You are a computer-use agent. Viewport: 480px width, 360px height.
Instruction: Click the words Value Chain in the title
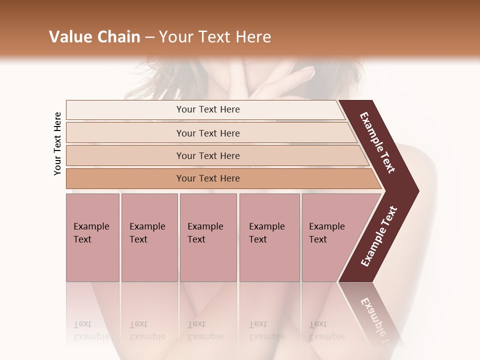tap(94, 37)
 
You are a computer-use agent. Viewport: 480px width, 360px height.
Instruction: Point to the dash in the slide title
tap(149, 37)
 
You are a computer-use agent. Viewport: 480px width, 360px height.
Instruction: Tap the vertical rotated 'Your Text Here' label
tap(57, 143)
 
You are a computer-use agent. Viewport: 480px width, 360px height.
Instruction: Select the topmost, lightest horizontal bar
tap(207, 109)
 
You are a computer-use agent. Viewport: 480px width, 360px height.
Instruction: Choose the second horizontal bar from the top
tap(207, 133)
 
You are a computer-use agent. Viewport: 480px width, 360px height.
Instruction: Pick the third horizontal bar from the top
tap(207, 155)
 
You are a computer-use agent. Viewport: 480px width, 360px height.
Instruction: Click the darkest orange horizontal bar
tap(207, 178)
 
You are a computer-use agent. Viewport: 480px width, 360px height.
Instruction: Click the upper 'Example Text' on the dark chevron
tap(378, 142)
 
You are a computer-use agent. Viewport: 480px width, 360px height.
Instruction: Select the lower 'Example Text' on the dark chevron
tap(379, 236)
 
